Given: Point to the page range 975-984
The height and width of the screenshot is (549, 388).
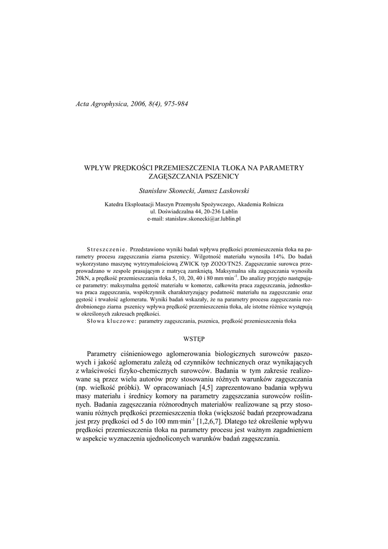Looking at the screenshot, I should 174,103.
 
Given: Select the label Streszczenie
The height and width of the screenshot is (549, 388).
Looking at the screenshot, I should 106,249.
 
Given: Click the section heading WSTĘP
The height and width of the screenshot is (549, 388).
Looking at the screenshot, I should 193,339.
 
